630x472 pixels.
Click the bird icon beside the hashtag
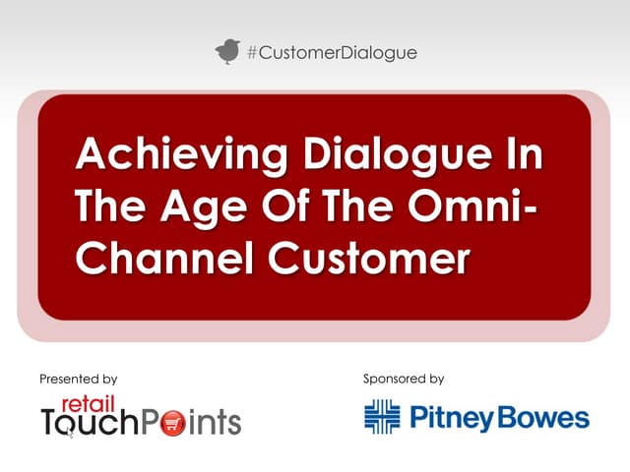point(227,51)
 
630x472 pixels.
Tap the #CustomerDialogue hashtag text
point(331,52)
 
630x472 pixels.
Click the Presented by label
point(79,379)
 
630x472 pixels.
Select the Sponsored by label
point(404,379)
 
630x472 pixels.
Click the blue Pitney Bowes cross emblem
point(383,417)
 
